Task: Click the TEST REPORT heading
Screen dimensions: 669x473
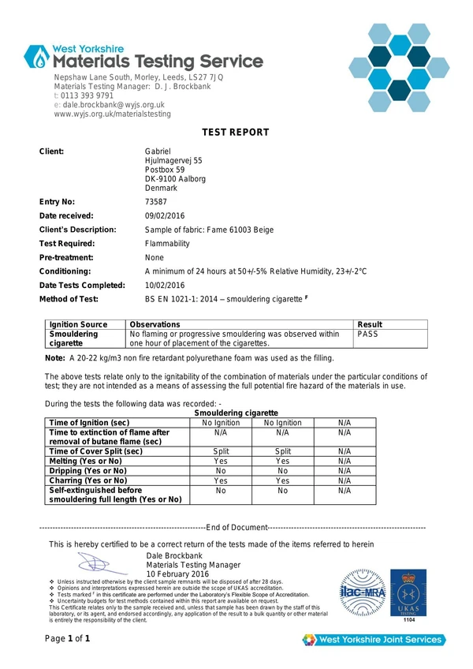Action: tap(236, 133)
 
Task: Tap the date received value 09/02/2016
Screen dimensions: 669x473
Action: tap(165, 215)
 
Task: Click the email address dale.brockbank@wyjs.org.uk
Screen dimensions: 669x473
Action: tap(114, 104)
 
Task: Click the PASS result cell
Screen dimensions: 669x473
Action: tap(369, 334)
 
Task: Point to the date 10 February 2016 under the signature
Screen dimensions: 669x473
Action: tap(177, 574)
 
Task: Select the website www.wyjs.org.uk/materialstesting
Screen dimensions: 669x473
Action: tap(112, 114)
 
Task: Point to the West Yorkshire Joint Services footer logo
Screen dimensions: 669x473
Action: tap(373, 639)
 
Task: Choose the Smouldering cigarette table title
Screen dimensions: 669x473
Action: tap(236, 413)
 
